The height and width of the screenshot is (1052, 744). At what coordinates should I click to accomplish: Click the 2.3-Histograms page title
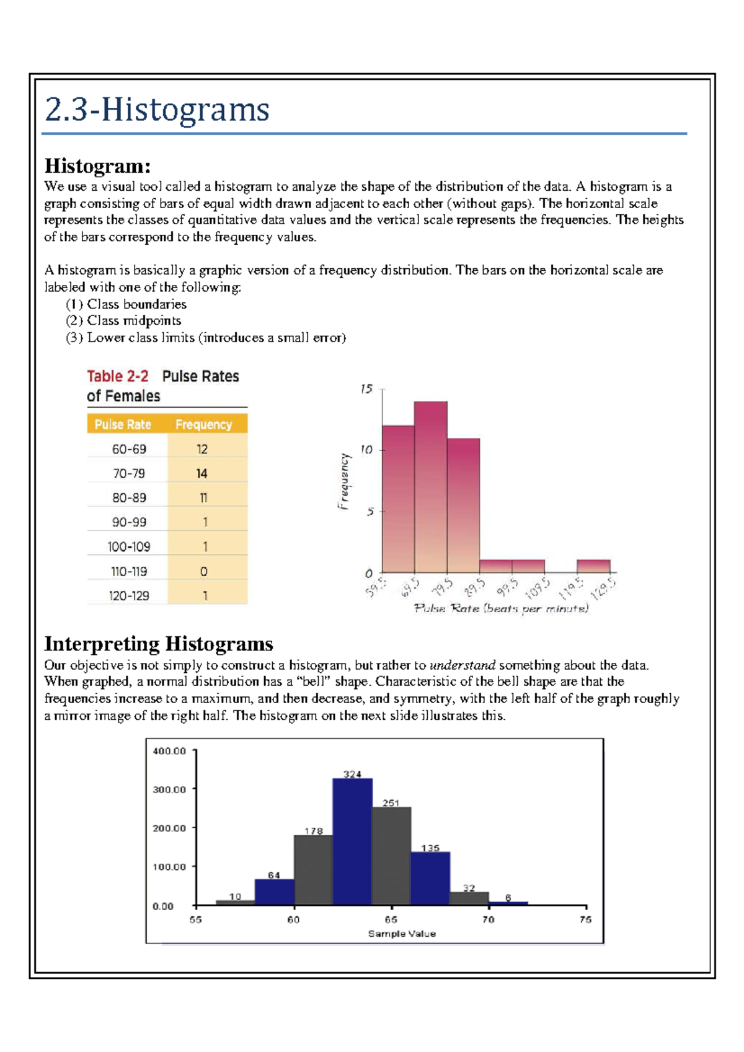[157, 110]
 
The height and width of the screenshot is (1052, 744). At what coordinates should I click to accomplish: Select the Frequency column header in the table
[203, 424]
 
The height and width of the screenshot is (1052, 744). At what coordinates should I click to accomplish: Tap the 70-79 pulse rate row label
[129, 473]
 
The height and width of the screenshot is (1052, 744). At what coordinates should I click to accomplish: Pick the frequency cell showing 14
[202, 473]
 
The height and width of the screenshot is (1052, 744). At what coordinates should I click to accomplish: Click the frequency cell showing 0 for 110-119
[204, 571]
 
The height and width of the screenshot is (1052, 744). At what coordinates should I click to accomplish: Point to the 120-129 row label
[129, 596]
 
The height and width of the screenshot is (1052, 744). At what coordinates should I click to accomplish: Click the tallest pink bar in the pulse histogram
[431, 486]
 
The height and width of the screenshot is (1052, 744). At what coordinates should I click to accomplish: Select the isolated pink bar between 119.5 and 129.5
[593, 566]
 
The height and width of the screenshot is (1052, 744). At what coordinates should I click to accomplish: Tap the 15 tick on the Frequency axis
[366, 389]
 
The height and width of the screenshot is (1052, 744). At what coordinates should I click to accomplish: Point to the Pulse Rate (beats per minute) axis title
[501, 608]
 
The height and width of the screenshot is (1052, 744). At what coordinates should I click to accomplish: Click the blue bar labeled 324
[352, 843]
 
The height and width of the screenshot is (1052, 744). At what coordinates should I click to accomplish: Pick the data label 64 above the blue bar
[274, 875]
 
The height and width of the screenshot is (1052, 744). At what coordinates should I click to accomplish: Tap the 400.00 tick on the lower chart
[169, 751]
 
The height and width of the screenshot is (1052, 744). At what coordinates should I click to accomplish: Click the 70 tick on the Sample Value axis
[488, 919]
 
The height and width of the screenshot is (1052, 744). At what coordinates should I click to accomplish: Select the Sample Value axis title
[402, 934]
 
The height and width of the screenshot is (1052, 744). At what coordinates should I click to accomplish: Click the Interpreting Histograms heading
[159, 644]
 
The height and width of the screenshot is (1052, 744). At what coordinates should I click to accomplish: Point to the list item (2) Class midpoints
[123, 321]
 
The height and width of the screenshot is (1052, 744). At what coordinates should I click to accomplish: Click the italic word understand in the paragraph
[463, 665]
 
